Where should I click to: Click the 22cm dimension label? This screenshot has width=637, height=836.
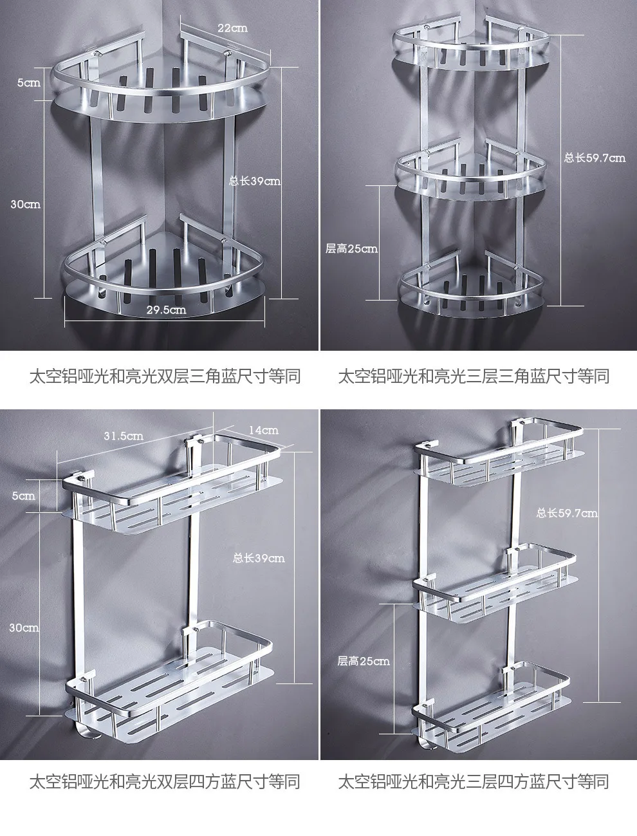coord(232,28)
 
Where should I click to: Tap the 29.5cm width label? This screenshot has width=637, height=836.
coord(167,310)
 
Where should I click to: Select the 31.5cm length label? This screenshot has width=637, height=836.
coord(124,436)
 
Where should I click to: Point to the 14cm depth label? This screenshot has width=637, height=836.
coord(263,431)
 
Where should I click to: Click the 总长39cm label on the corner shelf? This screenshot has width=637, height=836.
coord(255,181)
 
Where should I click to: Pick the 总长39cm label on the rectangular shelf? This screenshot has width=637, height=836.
coord(259,559)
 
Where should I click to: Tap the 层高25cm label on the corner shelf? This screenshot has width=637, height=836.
coord(351,248)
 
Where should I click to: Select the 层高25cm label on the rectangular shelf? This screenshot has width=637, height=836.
coord(364,661)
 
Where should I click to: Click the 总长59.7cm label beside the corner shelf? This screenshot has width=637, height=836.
coord(595,158)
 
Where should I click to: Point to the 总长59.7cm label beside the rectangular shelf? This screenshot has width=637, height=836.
coord(567,514)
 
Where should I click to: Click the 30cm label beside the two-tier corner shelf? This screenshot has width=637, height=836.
coord(26,205)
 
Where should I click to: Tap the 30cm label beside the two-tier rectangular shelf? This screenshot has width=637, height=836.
coord(24,627)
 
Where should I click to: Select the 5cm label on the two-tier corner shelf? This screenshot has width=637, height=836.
coord(28,82)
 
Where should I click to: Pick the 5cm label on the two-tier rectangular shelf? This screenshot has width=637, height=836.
coord(23,496)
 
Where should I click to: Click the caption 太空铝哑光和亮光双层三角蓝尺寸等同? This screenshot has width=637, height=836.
coord(165,376)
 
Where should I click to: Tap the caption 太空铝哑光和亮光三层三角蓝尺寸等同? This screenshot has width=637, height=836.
coord(474,376)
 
